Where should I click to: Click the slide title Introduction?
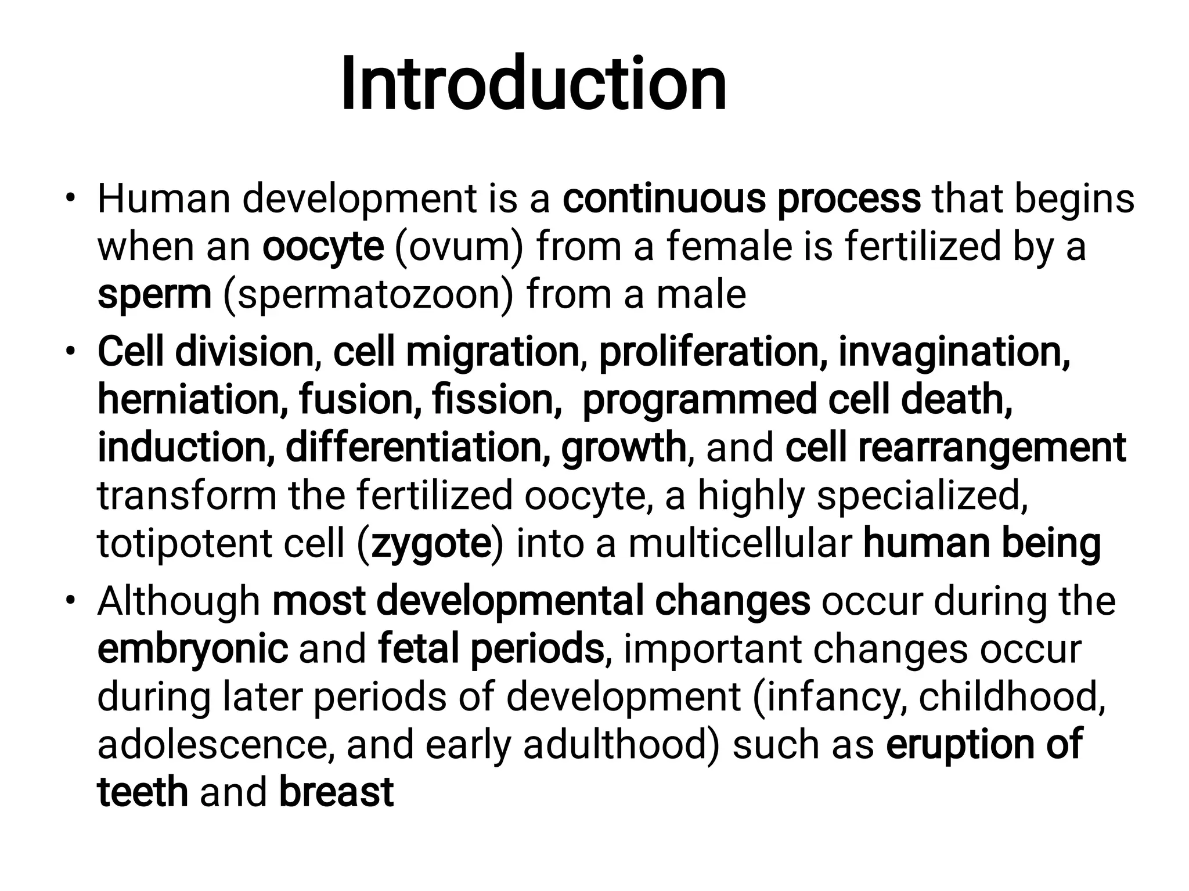coord(533,84)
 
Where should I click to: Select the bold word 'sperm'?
coord(154,295)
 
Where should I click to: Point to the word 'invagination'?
coord(954,352)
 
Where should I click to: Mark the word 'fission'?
coord(496,400)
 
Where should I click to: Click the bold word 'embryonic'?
coord(192,648)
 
